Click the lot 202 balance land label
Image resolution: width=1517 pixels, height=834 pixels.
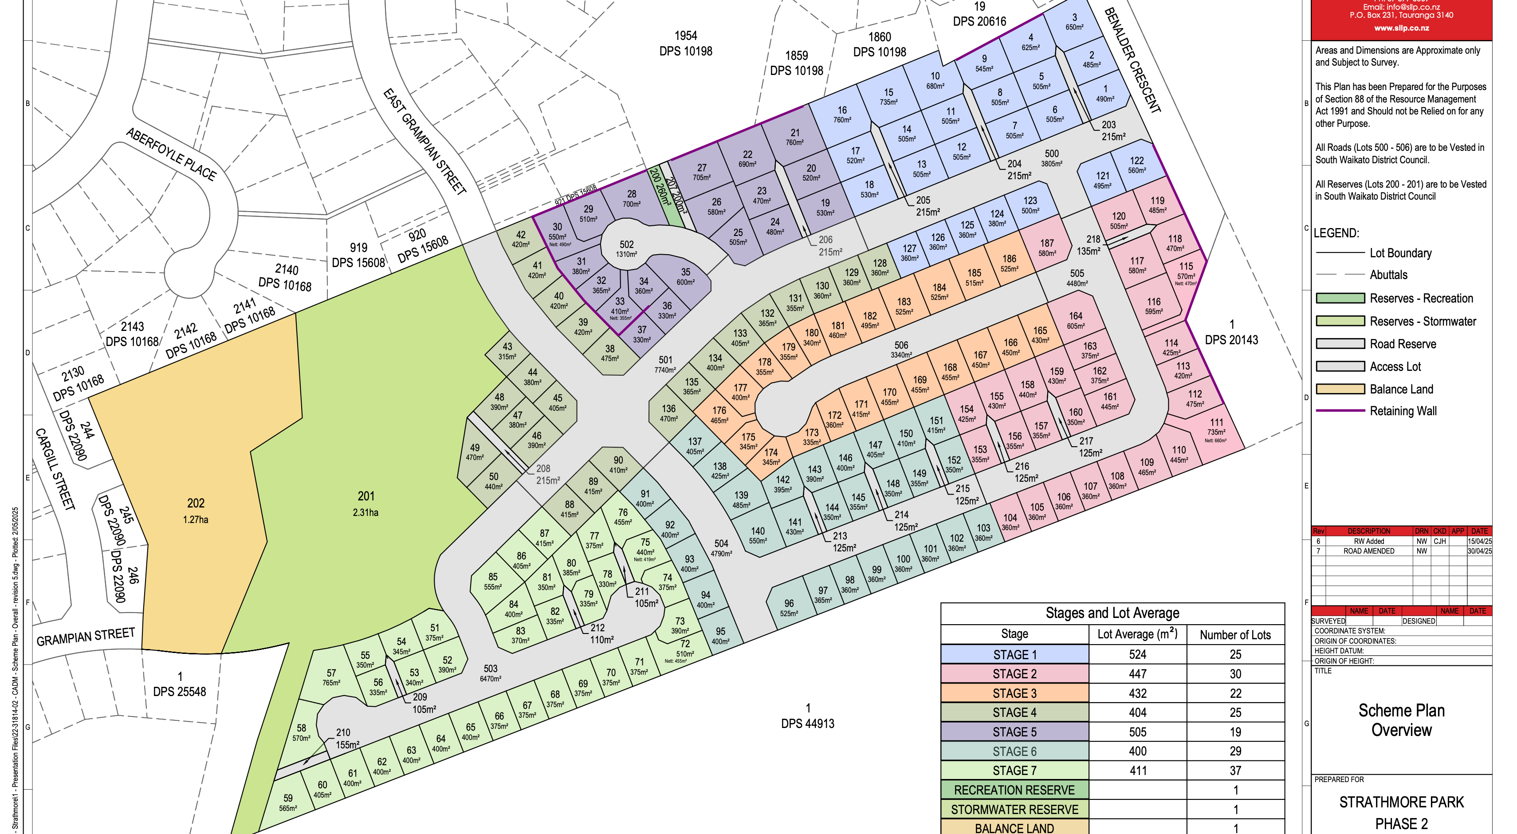(x=196, y=504)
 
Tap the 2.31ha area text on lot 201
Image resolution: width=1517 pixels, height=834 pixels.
(x=365, y=512)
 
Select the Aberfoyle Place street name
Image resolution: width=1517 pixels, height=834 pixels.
(x=171, y=154)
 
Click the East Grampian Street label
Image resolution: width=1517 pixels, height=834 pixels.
(x=424, y=142)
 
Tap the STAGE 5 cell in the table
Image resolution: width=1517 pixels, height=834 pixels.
(x=1014, y=732)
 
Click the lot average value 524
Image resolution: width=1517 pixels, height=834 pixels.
(x=1137, y=654)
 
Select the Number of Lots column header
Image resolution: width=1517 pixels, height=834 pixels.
(x=1235, y=635)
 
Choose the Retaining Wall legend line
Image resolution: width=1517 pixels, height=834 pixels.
(x=1340, y=410)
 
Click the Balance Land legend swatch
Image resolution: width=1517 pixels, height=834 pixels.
(x=1340, y=389)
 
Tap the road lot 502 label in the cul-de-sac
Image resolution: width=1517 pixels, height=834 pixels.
(x=627, y=244)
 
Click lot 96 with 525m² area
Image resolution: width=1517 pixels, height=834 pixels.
(x=789, y=607)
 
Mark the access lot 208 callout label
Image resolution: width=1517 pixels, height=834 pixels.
(x=543, y=469)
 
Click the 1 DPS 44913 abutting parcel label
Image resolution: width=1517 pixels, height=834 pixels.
(x=807, y=716)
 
